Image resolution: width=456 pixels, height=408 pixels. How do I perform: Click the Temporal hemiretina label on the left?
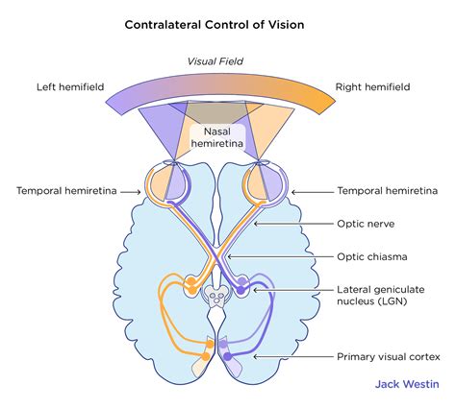pyautogui.click(x=65, y=192)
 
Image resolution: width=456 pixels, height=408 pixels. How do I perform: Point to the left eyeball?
pyautogui.click(x=184, y=185)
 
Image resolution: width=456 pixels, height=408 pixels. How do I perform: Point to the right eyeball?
pyautogui.click(x=270, y=185)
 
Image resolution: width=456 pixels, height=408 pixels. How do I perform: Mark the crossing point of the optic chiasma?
pyautogui.click(x=227, y=256)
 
